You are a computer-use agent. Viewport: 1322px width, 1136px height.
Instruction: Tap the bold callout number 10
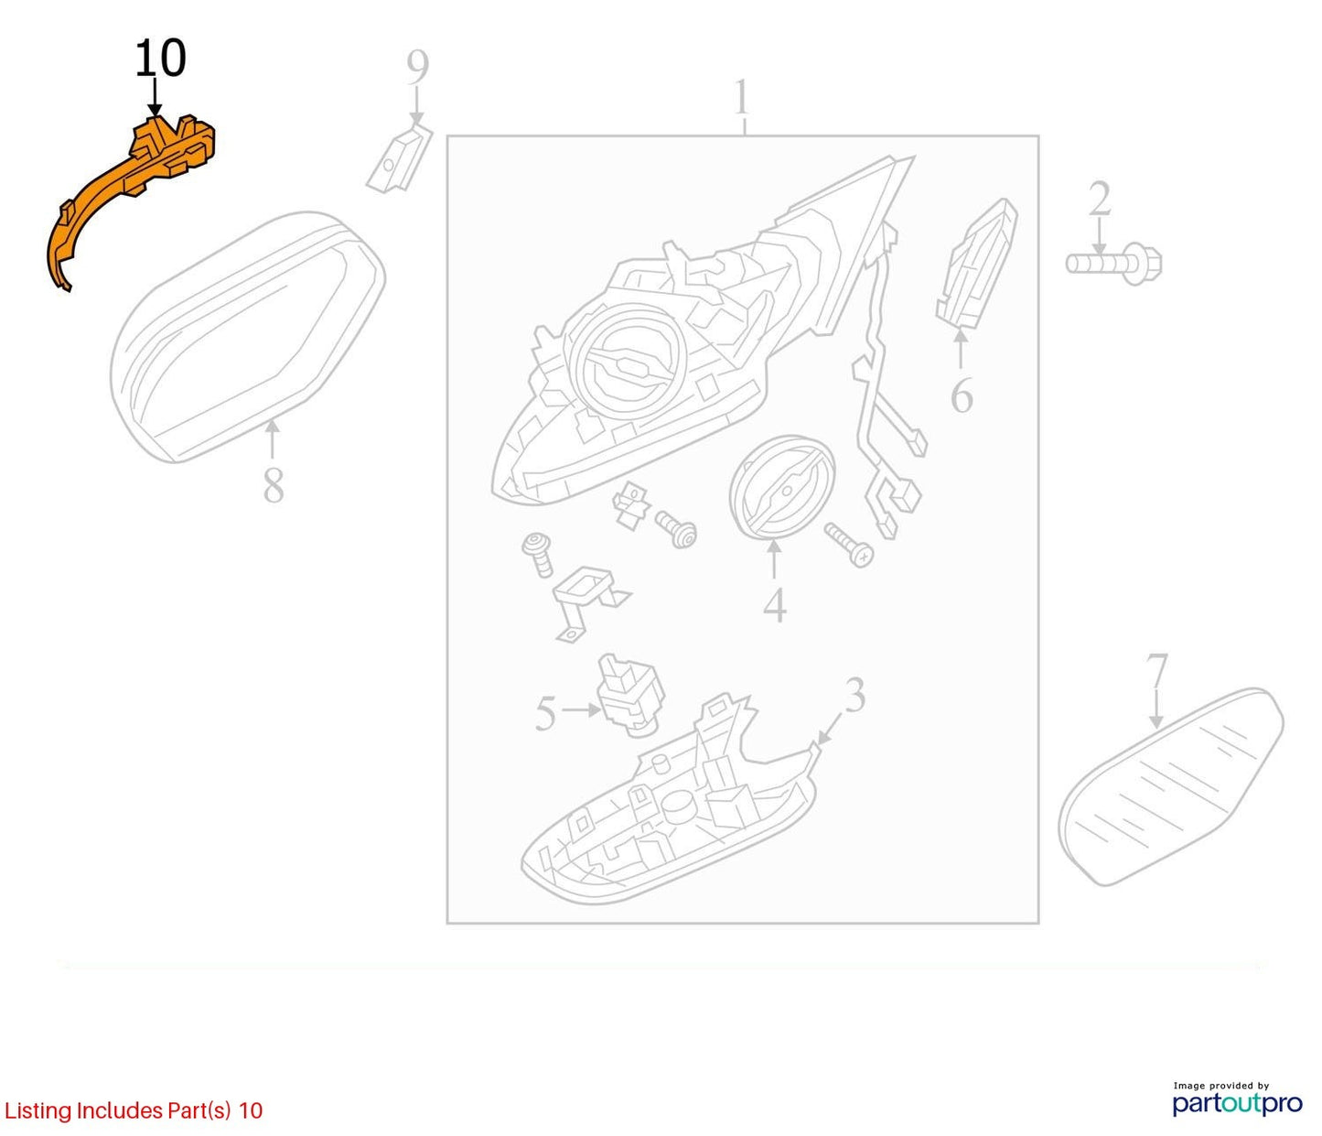tap(160, 59)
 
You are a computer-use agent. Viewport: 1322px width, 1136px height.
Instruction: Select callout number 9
tap(417, 67)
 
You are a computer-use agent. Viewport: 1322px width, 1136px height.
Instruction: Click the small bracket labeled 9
tap(400, 158)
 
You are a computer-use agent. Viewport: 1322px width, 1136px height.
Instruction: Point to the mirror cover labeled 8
tap(247, 337)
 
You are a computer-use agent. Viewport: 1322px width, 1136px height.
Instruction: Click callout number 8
tap(274, 486)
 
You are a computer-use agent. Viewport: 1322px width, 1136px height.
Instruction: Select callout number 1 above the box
tap(741, 97)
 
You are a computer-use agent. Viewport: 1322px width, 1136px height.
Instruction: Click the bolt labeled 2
tap(1113, 263)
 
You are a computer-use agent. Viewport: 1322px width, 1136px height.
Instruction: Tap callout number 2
tap(1100, 199)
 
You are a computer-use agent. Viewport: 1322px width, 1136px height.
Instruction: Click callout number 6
tap(962, 396)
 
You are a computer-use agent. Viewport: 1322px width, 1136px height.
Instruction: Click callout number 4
tap(775, 604)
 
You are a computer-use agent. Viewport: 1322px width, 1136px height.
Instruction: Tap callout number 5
tap(545, 714)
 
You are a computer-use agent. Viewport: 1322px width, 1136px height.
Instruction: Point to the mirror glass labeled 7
tap(1170, 788)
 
